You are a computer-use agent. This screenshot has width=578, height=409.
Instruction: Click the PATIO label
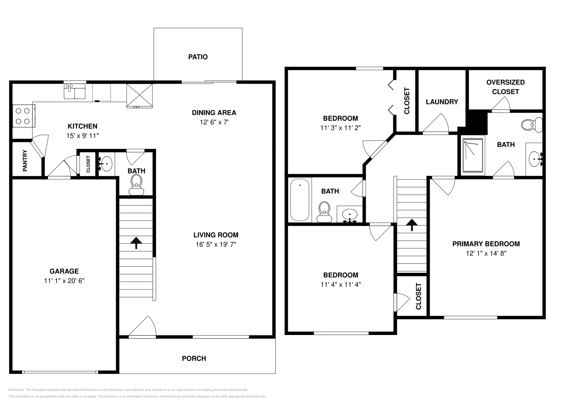pyautogui.click(x=198, y=57)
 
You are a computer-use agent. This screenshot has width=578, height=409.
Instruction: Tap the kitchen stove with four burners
pyautogui.click(x=23, y=116)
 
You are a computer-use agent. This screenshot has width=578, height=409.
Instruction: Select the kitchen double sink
pyautogui.click(x=74, y=91)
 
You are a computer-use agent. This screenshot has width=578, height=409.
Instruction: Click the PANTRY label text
pyautogui.click(x=25, y=161)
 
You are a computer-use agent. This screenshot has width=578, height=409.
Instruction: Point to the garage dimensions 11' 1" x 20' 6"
pyautogui.click(x=64, y=281)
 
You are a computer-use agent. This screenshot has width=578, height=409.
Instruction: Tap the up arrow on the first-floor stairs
pyautogui.click(x=136, y=243)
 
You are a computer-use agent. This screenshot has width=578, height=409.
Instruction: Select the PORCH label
pyautogui.click(x=194, y=358)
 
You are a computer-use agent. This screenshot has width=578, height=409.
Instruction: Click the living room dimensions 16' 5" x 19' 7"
pyautogui.click(x=216, y=245)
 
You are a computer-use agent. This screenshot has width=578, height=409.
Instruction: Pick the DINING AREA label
pyautogui.click(x=214, y=113)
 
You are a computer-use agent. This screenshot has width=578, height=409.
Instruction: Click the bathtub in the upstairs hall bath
pyautogui.click(x=300, y=199)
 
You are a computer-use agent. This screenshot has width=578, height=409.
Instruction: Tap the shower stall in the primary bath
pyautogui.click(x=474, y=155)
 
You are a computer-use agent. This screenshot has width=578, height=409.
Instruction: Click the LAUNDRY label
pyautogui.click(x=442, y=102)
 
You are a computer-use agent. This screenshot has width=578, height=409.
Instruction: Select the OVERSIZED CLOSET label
pyautogui.click(x=505, y=87)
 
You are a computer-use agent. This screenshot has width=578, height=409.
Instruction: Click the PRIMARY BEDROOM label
pyautogui.click(x=486, y=244)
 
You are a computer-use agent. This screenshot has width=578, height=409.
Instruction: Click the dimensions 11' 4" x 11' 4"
pyautogui.click(x=341, y=284)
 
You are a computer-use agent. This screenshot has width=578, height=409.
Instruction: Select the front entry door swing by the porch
pyautogui.click(x=143, y=327)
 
